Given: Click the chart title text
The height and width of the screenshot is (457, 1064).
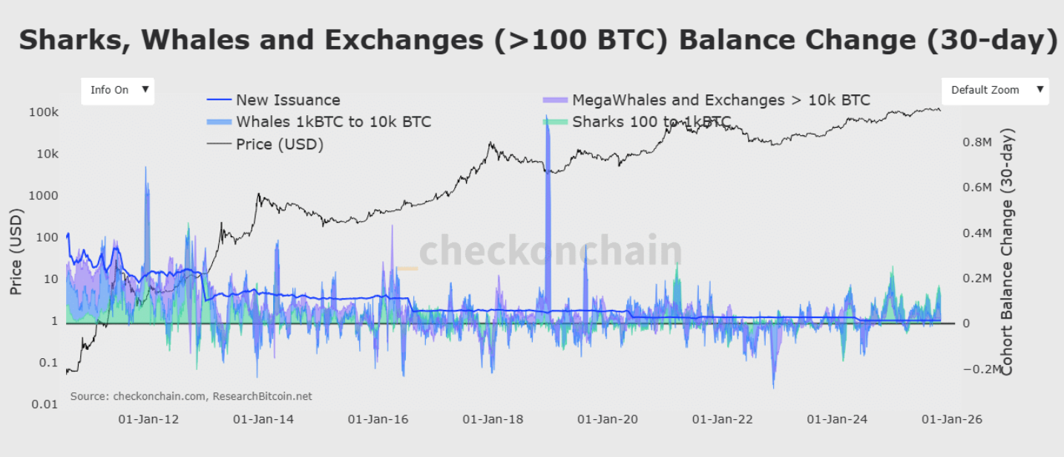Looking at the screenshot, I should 538,40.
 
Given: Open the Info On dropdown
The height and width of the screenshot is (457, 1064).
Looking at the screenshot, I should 117,90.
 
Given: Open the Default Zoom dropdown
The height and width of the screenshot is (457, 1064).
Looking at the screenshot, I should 994,90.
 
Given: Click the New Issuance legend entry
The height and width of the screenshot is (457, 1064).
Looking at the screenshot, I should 288,100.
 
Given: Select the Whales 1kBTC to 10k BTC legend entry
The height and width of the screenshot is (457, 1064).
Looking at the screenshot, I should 333,122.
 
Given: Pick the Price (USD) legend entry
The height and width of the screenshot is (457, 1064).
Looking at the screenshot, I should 280,144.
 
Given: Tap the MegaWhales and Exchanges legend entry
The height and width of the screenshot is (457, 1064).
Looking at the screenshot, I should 720,100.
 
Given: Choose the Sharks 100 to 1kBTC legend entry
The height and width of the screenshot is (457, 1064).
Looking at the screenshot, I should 651,122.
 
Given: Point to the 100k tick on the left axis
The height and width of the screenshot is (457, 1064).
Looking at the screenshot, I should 45,112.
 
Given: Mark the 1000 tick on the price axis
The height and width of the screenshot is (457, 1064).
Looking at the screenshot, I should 45,195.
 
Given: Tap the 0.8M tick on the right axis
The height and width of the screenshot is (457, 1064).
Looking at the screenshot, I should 977,142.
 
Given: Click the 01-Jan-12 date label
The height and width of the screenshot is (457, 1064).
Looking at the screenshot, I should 148,419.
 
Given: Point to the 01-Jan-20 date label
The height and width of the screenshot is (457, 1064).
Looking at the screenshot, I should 608,419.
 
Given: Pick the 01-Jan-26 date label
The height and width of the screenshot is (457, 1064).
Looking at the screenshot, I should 952,419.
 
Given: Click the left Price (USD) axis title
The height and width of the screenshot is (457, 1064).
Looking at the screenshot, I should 16,251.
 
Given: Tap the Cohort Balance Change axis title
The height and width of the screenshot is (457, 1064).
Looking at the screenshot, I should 1008,251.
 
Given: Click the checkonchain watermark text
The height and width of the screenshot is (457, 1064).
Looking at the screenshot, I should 550,251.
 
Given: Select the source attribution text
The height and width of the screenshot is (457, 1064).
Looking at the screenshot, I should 191,396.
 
